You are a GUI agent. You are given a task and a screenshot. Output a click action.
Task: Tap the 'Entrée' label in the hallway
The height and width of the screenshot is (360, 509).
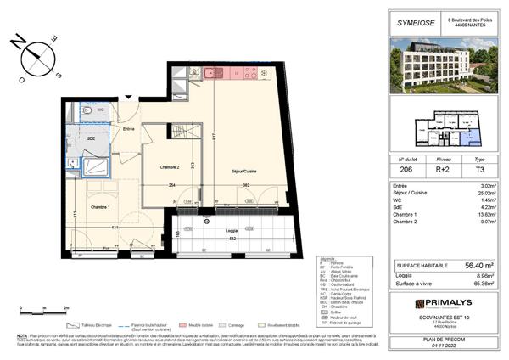(x=128, y=129)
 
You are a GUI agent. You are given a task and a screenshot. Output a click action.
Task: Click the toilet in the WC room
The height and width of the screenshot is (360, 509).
(x=87, y=111)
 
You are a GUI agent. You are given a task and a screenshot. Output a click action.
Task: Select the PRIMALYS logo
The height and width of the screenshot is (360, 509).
(x=442, y=303)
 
